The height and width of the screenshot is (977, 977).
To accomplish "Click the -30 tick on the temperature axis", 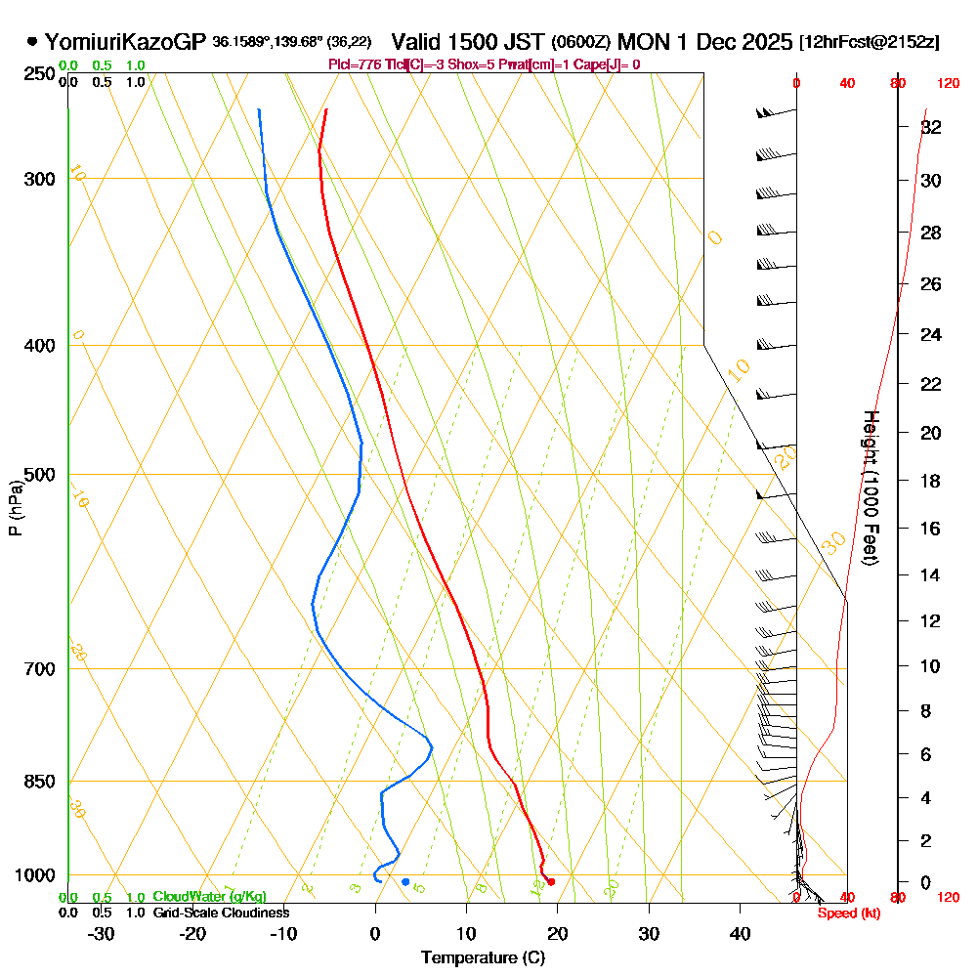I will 102,933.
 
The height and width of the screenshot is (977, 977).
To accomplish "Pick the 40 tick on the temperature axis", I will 740,933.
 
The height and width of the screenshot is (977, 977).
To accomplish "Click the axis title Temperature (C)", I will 483,957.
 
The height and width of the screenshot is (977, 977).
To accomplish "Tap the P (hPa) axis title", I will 15,507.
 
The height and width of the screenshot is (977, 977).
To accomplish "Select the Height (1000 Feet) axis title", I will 871,487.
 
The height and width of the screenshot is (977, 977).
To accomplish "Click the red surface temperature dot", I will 552,881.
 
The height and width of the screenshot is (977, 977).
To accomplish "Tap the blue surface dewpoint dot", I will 405,881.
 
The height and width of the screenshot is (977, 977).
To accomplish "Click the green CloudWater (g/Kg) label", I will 209,897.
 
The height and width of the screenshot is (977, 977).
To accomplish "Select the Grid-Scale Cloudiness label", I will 221,913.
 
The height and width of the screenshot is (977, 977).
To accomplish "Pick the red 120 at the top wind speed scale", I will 948,84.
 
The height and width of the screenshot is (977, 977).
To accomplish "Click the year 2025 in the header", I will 766,42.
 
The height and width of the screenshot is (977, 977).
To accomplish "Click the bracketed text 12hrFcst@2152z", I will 870,43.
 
